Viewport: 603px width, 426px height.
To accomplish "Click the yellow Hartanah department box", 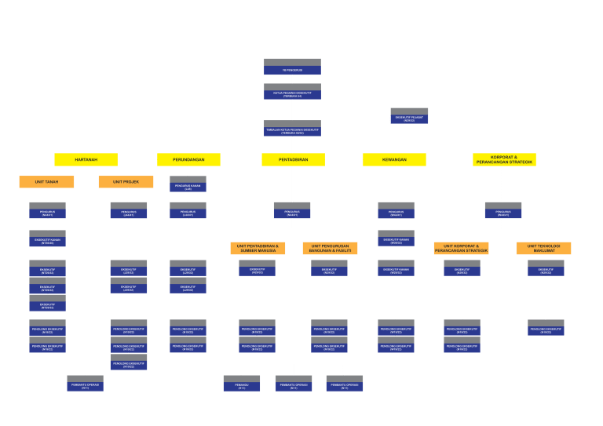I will coord(86,159).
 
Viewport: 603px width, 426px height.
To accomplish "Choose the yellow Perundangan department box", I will coord(188,159).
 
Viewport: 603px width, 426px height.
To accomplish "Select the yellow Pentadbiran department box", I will coord(293,159).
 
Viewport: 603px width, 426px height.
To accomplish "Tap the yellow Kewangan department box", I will coord(394,159).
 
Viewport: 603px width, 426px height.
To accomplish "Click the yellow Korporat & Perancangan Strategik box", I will coord(504,159).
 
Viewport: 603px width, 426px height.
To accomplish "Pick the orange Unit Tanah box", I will coord(46,181).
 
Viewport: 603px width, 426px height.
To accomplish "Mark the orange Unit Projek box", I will coord(126,181).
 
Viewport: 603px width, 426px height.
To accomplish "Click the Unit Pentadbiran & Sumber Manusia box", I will coord(258,248).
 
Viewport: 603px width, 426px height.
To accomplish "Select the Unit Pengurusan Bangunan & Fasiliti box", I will coord(330,248).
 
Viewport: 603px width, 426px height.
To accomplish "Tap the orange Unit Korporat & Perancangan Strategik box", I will coord(461,248).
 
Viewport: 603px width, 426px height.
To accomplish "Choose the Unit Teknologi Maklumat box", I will coord(543,248).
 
